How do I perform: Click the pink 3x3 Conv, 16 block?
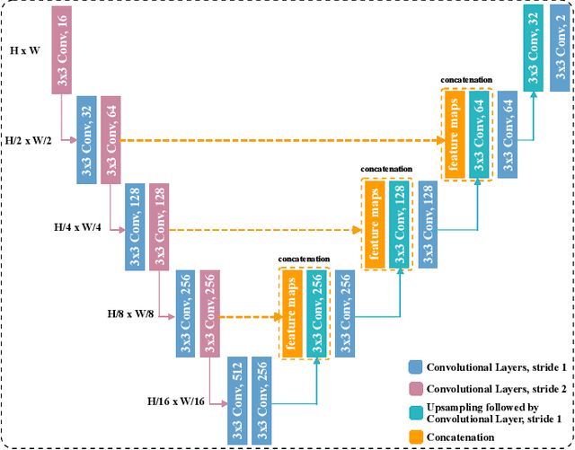tap(61, 52)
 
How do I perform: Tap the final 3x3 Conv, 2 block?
tap(557, 53)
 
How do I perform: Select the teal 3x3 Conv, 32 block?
tap(534, 53)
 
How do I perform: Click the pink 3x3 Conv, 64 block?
tap(111, 139)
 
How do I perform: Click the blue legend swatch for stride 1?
tap(414, 366)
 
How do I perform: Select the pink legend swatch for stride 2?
tap(414, 387)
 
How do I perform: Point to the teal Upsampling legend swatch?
tap(414, 412)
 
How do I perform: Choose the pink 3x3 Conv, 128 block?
tap(160, 227)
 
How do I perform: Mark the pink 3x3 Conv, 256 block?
tap(210, 313)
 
